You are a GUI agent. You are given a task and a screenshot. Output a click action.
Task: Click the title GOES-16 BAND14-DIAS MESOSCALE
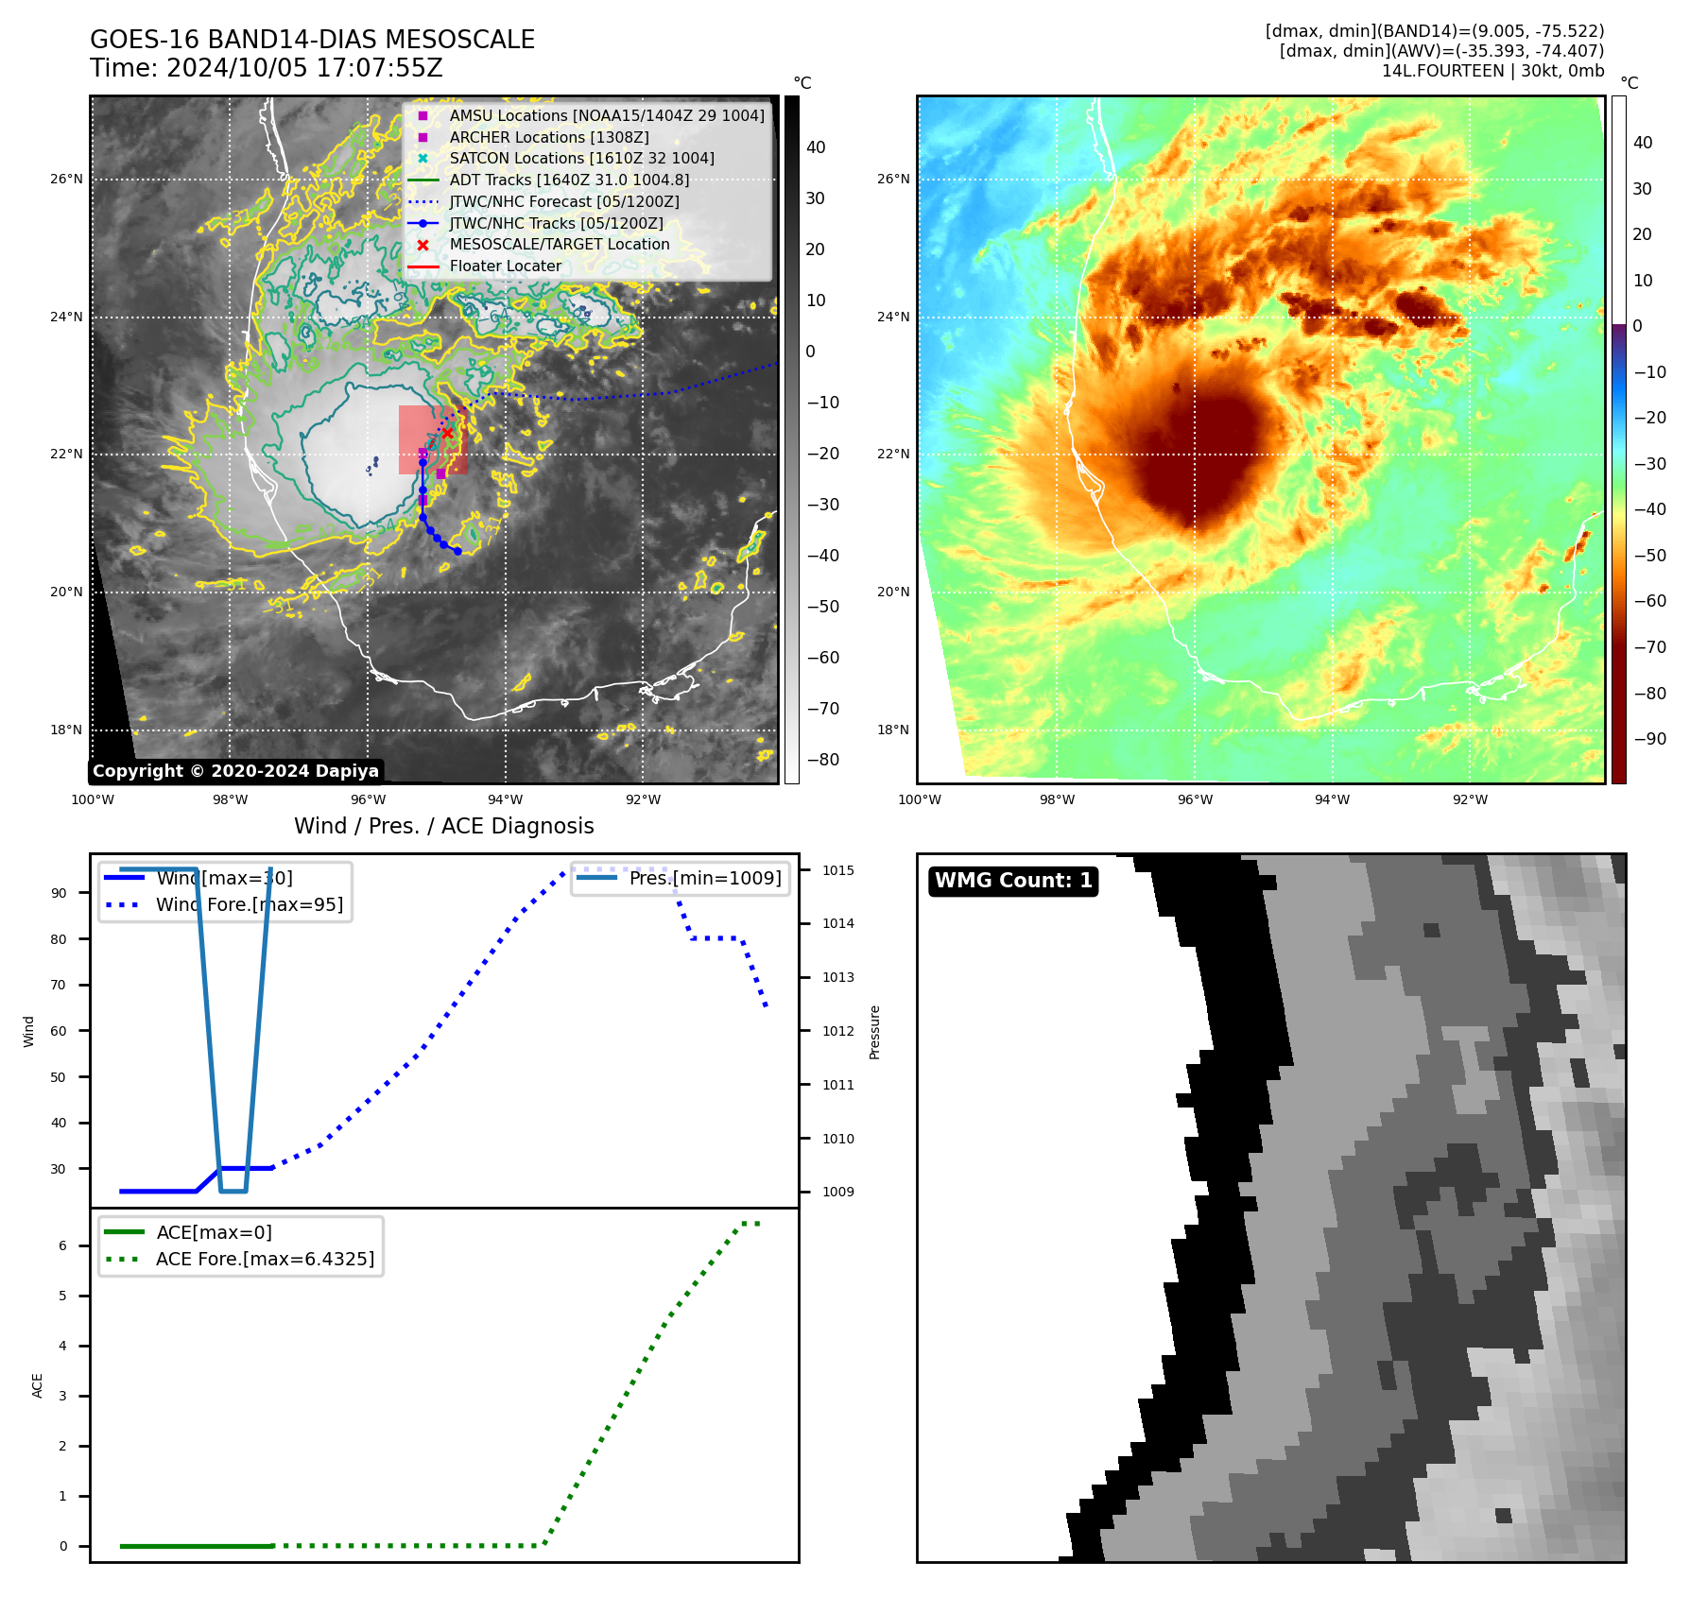tap(312, 40)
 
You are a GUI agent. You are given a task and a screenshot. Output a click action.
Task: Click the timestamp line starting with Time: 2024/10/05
tap(266, 68)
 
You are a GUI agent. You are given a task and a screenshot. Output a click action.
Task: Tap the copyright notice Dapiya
tap(235, 771)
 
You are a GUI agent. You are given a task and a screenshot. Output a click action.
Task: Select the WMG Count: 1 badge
tap(1013, 881)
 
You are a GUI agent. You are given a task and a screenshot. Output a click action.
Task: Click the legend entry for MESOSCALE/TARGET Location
tap(559, 245)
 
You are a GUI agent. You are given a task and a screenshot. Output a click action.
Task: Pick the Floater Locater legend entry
tap(505, 266)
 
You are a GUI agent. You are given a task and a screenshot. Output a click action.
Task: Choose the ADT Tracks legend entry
tap(569, 180)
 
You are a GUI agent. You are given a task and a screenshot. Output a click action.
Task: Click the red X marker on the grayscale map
tap(447, 433)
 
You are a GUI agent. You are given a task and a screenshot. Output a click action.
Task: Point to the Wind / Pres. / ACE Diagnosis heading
tap(443, 826)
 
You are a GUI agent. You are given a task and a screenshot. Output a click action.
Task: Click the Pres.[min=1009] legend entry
tap(705, 878)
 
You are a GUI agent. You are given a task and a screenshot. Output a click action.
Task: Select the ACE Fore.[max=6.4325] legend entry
tap(265, 1259)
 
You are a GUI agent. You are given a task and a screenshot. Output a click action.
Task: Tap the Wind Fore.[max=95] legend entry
tap(249, 904)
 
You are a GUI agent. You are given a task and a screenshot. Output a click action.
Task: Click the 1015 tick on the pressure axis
tap(837, 870)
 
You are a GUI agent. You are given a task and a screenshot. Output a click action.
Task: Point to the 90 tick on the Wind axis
tap(59, 893)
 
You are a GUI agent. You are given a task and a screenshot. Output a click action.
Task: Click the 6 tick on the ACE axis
tap(62, 1245)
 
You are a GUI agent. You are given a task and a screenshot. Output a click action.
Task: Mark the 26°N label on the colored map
tap(892, 179)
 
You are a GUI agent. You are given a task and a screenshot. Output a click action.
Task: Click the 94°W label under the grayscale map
tap(505, 799)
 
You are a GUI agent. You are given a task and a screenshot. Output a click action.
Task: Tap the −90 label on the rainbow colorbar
tap(1649, 739)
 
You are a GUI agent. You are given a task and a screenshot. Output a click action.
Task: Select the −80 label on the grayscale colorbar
tap(821, 760)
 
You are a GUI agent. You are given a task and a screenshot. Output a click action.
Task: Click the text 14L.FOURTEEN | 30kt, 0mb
tap(1492, 71)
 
